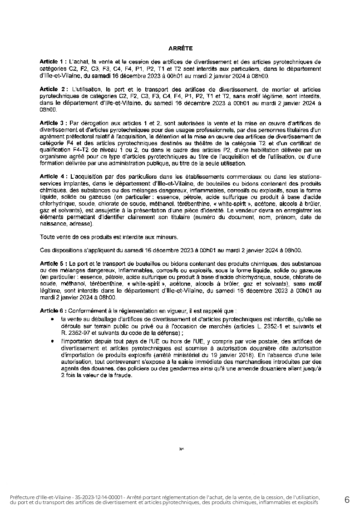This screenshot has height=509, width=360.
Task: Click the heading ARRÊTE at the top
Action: coord(180,48)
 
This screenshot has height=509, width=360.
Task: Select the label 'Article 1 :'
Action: coord(54,61)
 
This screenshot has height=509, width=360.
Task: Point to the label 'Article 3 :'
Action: coord(54,123)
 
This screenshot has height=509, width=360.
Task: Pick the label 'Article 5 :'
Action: coord(54,264)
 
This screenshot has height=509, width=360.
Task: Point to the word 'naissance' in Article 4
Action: coord(53,224)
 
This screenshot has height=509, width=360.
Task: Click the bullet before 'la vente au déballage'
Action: coord(55,319)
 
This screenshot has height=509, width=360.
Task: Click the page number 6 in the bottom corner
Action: coord(347,500)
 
